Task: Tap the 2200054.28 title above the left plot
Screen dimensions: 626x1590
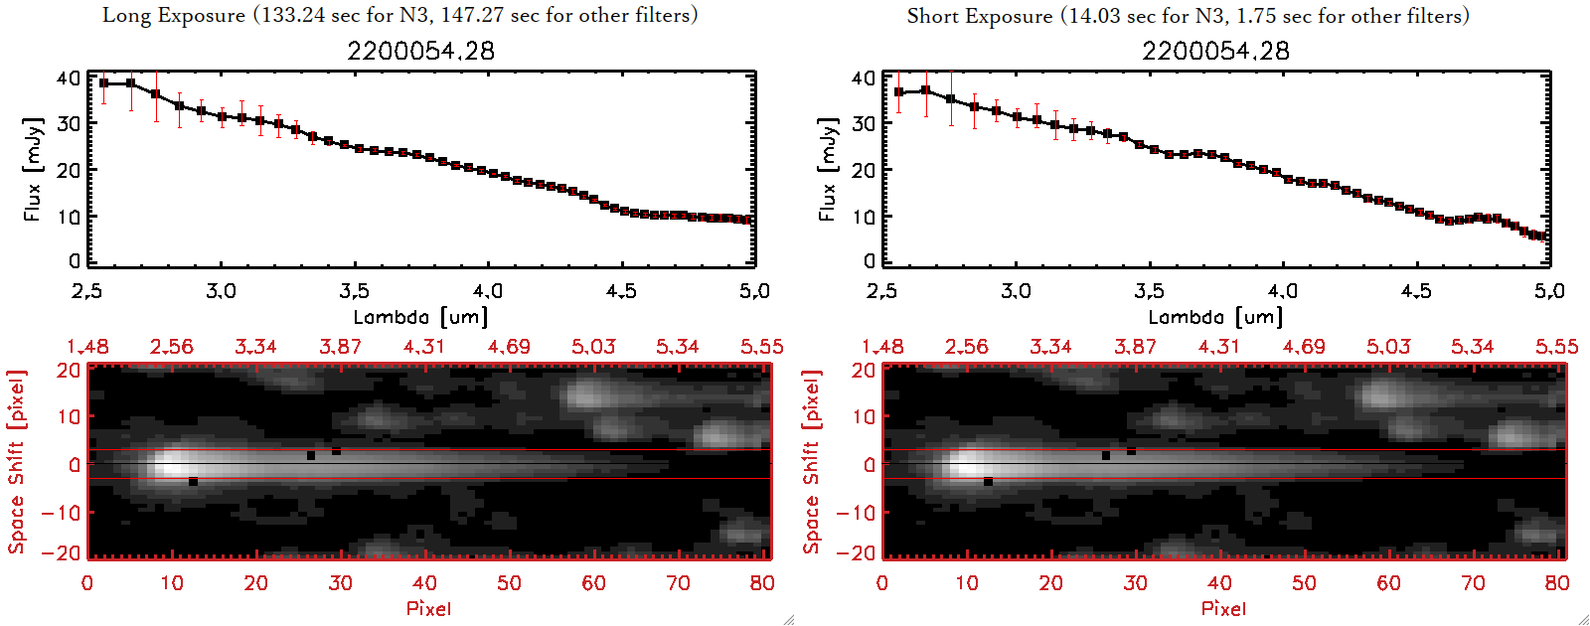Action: [x=420, y=51]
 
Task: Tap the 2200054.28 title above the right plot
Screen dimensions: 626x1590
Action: [x=1215, y=51]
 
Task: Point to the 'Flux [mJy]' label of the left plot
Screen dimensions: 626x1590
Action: [x=33, y=170]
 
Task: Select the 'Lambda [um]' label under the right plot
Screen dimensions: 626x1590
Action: [x=1215, y=317]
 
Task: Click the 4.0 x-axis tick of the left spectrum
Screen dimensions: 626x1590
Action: [x=487, y=291]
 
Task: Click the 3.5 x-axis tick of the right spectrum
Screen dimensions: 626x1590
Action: [x=1149, y=291]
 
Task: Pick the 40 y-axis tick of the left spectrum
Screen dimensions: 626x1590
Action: [x=69, y=78]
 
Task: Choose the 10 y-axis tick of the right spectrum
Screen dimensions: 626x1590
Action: [x=864, y=216]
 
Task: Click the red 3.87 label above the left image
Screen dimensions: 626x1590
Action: [x=340, y=347]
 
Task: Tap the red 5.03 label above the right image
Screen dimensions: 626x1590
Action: [x=1388, y=347]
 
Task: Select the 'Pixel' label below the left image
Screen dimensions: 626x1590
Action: [x=428, y=608]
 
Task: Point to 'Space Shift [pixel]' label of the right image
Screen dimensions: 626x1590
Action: [x=812, y=462]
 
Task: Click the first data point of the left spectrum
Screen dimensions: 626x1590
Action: [x=104, y=83]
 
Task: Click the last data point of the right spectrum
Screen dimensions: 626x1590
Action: [x=1543, y=236]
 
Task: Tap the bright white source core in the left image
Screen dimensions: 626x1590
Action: [x=169, y=463]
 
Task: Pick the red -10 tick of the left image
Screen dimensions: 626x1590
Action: [x=61, y=512]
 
